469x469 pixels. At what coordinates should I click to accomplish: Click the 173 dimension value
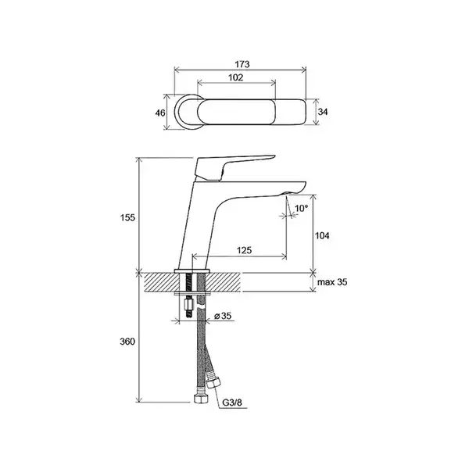(x=242, y=64)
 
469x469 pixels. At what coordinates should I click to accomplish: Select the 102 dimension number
(x=236, y=77)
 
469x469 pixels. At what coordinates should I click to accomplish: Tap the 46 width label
(x=160, y=113)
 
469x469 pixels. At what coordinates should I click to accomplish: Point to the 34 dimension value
(x=323, y=112)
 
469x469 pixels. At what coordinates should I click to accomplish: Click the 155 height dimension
(x=127, y=218)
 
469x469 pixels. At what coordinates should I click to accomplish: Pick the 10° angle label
(x=301, y=208)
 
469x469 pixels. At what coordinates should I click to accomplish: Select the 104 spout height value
(x=322, y=236)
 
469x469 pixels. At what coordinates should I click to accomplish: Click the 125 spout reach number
(x=245, y=250)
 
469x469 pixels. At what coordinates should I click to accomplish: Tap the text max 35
(x=332, y=282)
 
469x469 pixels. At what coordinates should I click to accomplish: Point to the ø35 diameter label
(x=223, y=316)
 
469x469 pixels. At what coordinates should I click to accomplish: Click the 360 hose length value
(x=127, y=342)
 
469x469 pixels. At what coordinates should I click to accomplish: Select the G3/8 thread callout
(x=232, y=403)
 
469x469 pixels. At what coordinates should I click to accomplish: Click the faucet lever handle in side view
(x=227, y=167)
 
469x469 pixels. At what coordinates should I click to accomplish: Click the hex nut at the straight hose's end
(x=199, y=399)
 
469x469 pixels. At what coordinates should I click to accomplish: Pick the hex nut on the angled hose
(x=213, y=382)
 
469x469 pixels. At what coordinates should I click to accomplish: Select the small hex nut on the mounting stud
(x=188, y=306)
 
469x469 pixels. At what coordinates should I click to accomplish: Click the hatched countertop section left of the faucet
(x=162, y=282)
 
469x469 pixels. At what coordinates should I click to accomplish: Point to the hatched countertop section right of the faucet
(x=223, y=282)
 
